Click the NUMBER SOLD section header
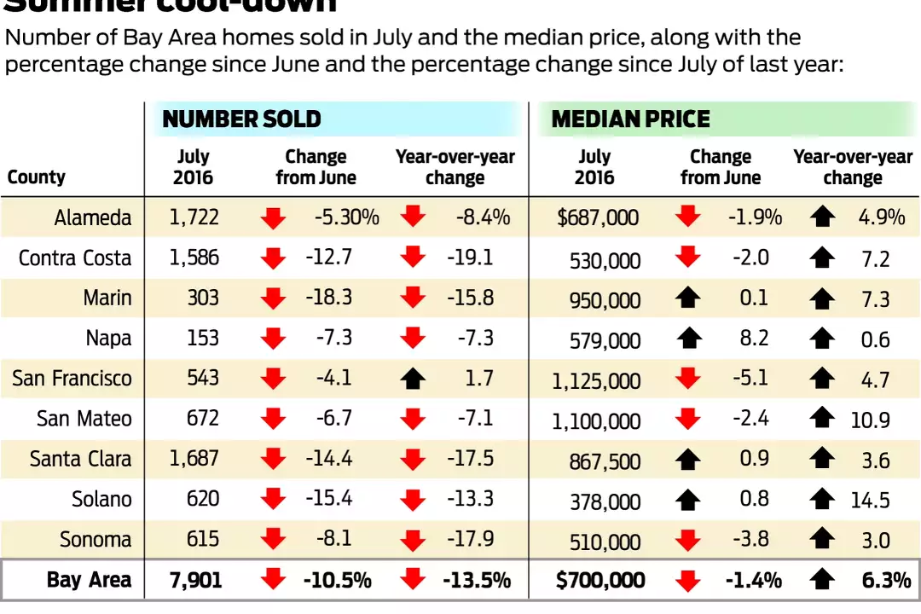pos(241,119)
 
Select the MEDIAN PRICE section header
pos(630,119)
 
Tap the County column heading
pos(36,177)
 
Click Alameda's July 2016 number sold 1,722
pos(194,217)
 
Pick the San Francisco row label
pos(72,378)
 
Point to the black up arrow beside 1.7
pos(413,378)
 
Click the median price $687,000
pos(597,217)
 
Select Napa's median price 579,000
pos(605,340)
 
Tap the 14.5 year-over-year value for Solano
pos(870,500)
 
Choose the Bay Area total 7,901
pos(195,581)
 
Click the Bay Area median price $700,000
pos(600,581)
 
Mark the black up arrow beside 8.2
pos(687,339)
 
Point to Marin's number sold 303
pos(202,298)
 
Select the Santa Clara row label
pos(80,459)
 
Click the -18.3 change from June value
pos(328,298)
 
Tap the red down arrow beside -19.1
pos(413,258)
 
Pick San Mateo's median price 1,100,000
pos(596,420)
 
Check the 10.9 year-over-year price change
pos(870,420)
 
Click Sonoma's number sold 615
pos(202,540)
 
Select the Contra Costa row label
pos(75,258)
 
